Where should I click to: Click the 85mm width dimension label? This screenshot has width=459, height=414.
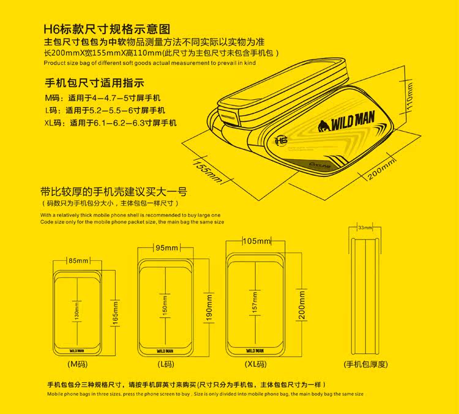77,260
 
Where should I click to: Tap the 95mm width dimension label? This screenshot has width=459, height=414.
166,247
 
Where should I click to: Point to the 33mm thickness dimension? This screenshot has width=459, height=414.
365,228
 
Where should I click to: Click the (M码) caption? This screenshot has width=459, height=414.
77,364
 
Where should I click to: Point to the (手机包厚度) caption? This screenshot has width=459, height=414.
365,364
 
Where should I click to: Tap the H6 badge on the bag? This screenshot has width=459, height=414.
283,140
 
